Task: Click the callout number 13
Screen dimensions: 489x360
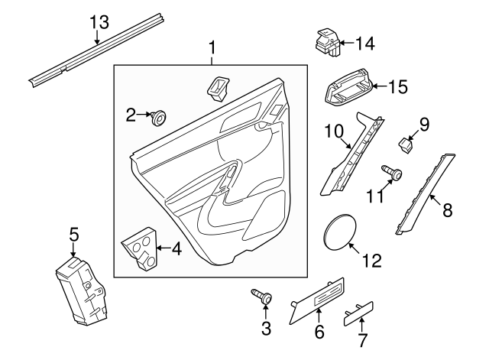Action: [x=99, y=22]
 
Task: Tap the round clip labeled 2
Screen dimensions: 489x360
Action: [x=159, y=118]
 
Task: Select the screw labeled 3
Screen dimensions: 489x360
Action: [x=262, y=296]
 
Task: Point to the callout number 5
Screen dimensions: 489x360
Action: [x=74, y=235]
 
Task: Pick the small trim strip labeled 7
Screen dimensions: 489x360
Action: [x=358, y=313]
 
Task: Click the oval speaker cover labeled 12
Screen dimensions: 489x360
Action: [x=340, y=232]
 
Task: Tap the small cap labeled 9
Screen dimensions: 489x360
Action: [x=406, y=145]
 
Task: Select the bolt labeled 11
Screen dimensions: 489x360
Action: [x=392, y=173]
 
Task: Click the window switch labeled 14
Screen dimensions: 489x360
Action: [x=328, y=43]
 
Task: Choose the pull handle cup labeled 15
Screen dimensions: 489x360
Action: [x=348, y=86]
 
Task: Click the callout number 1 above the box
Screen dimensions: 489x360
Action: [x=212, y=48]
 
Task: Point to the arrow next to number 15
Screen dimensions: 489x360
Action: [x=381, y=86]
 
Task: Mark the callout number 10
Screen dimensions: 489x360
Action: [x=334, y=131]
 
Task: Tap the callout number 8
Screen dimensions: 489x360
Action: [x=447, y=209]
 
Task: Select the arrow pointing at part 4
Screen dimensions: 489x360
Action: [x=164, y=248]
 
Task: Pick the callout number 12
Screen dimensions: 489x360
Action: [x=372, y=261]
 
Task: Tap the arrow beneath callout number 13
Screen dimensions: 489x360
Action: [x=97, y=37]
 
